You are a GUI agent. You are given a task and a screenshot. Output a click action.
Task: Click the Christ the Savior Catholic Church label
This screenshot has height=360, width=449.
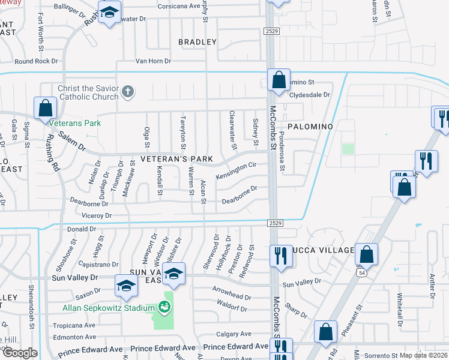tap(88, 92)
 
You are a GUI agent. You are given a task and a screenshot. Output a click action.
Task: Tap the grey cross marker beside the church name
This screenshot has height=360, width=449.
tap(127, 92)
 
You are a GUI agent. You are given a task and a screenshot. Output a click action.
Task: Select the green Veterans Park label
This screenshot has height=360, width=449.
tap(75, 123)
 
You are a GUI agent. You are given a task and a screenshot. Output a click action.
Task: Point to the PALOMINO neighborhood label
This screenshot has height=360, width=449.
tap(310, 127)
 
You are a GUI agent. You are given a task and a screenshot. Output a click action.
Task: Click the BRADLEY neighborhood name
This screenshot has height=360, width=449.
tap(197, 42)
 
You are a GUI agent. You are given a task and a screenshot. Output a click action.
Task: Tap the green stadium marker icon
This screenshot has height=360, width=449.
tap(164, 308)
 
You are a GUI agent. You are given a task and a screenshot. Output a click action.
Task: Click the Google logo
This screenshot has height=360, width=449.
tap(19, 353)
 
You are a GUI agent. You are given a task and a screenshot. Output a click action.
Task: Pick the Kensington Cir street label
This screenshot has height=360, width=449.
tap(237, 170)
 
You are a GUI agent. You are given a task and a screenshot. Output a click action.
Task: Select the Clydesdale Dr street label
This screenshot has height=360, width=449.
tap(310, 95)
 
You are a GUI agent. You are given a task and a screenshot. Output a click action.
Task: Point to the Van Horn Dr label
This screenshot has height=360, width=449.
tap(153, 61)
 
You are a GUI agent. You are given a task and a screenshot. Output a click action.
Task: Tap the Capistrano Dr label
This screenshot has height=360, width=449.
tap(98, 265)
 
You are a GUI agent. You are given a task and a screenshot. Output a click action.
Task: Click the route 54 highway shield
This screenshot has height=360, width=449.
tap(362, 272)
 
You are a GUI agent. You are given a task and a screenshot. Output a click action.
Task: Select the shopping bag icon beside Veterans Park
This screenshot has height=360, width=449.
tap(45, 109)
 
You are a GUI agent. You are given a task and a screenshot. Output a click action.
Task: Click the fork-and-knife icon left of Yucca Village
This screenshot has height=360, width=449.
tap(280, 255)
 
